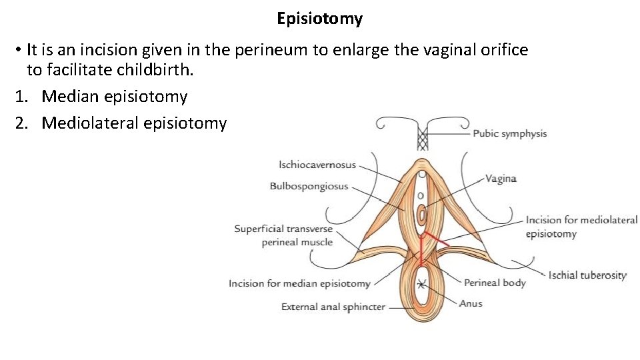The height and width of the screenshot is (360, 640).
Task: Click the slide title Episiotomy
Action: coord(320,19)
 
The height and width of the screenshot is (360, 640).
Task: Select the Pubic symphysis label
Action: coord(509,133)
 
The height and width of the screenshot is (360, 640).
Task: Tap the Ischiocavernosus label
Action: coord(317,165)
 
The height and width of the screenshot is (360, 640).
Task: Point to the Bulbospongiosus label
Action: coord(309,186)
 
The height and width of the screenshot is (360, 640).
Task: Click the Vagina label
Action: coord(501,179)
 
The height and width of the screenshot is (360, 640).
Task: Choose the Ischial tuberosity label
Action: coord(587,275)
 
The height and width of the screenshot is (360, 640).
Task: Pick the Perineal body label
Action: coord(495,283)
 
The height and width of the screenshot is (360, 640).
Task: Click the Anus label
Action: coord(471,303)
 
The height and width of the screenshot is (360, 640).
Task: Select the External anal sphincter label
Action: coord(333,307)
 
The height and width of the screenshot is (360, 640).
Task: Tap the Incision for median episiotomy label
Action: coord(299,283)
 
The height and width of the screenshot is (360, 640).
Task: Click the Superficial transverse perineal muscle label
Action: coord(283,235)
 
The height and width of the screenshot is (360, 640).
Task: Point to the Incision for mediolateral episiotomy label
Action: coord(581,227)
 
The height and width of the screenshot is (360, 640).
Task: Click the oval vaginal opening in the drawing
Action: coord(421,215)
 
